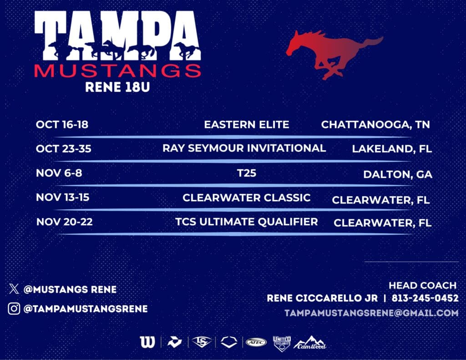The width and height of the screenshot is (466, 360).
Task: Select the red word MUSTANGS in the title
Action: [118, 71]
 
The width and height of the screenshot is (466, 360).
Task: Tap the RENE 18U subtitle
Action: [117, 87]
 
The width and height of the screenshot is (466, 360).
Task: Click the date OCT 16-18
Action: [62, 124]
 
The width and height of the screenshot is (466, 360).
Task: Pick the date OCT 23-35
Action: [64, 149]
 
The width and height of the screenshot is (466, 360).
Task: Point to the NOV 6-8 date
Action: [59, 173]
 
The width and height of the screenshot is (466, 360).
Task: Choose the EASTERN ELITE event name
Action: [247, 125]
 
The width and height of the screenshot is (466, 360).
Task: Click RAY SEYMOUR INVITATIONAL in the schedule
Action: [244, 148]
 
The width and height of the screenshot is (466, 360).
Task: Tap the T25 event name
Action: [247, 173]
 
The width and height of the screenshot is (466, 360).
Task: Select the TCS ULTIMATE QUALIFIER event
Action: [247, 222]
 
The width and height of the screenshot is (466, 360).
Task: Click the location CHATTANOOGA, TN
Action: [375, 125]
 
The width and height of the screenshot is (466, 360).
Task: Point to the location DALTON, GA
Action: [398, 174]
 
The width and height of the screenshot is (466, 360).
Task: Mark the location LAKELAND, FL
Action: [392, 149]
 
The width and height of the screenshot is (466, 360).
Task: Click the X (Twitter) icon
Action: [14, 289]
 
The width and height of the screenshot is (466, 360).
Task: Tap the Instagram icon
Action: [14, 309]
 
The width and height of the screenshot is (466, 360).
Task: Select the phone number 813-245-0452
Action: [425, 298]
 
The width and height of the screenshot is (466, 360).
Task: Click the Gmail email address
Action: [371, 313]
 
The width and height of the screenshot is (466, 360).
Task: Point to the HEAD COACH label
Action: [423, 285]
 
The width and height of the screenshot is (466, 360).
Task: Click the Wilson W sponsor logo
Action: [148, 342]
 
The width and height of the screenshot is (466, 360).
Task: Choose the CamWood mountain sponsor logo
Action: [310, 342]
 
